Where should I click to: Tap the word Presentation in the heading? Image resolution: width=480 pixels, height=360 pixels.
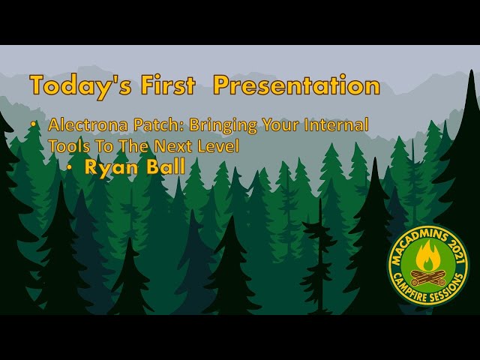point(296,85)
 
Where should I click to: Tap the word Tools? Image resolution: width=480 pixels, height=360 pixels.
point(66,146)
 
